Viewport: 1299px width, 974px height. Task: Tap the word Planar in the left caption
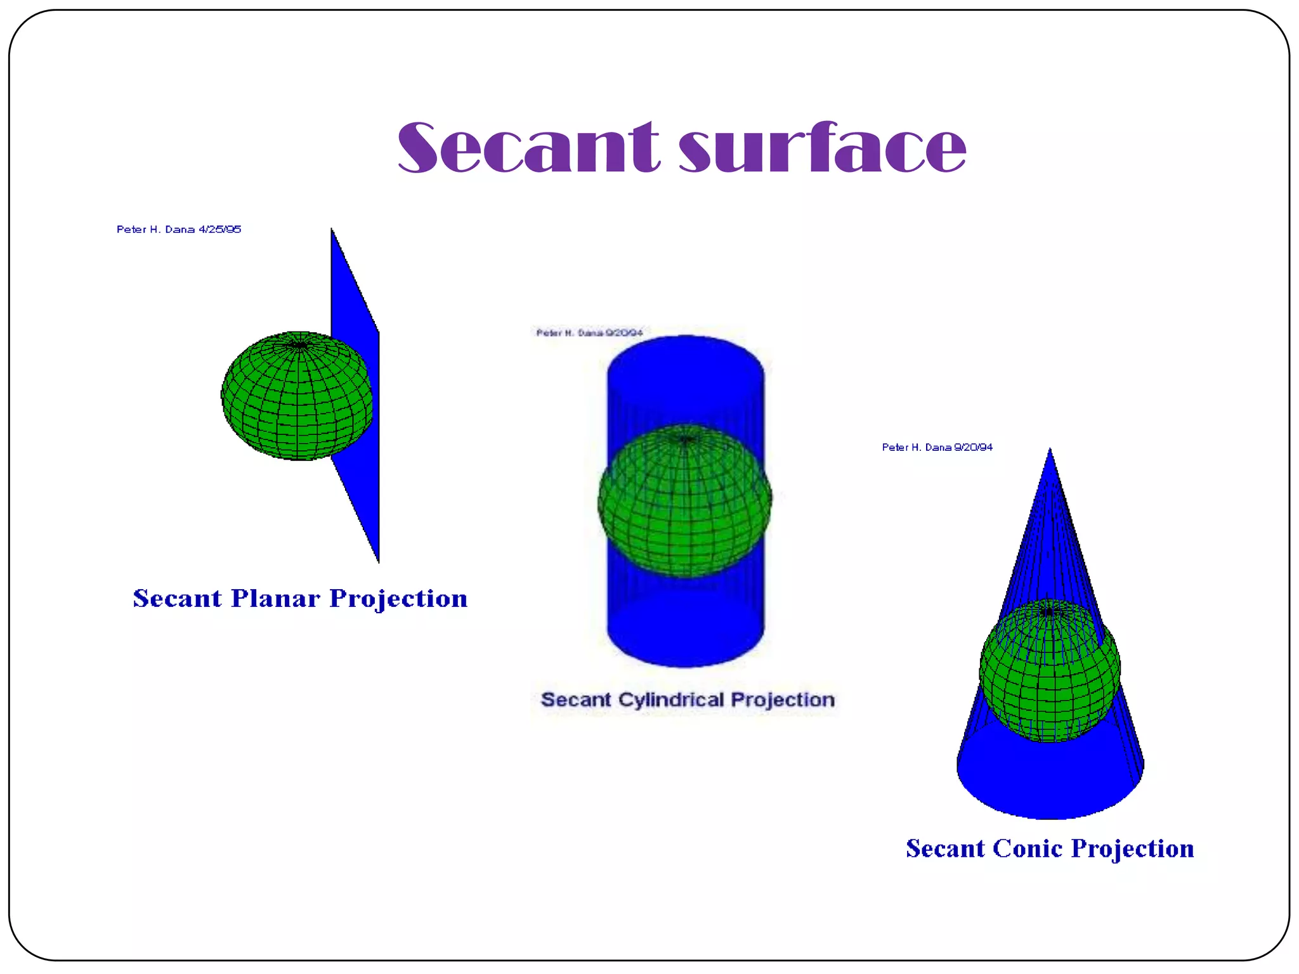coord(275,599)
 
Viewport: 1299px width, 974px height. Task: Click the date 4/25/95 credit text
coord(219,230)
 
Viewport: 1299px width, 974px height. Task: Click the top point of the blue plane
coord(332,231)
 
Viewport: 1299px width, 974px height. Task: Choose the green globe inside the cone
coord(1050,672)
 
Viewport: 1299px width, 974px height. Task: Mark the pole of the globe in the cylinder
coord(685,439)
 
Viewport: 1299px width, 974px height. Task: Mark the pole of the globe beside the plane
coord(299,345)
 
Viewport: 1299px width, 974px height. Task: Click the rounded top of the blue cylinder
coord(685,361)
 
